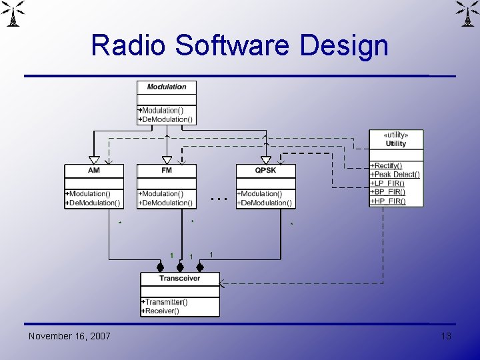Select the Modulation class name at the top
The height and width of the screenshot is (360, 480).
click(167, 87)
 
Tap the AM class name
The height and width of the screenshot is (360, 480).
click(94, 171)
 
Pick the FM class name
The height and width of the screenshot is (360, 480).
click(167, 171)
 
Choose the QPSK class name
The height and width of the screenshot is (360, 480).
click(265, 171)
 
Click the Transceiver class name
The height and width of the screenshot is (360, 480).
click(179, 278)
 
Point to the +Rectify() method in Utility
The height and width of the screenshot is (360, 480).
click(387, 166)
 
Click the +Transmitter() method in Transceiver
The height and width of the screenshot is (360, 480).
click(165, 302)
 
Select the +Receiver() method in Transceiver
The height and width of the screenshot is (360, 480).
click(161, 311)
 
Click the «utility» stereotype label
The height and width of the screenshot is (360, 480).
click(396, 135)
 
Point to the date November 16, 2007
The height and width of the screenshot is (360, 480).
click(69, 336)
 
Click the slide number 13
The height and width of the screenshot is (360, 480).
click(446, 336)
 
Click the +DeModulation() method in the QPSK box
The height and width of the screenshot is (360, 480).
click(265, 203)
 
